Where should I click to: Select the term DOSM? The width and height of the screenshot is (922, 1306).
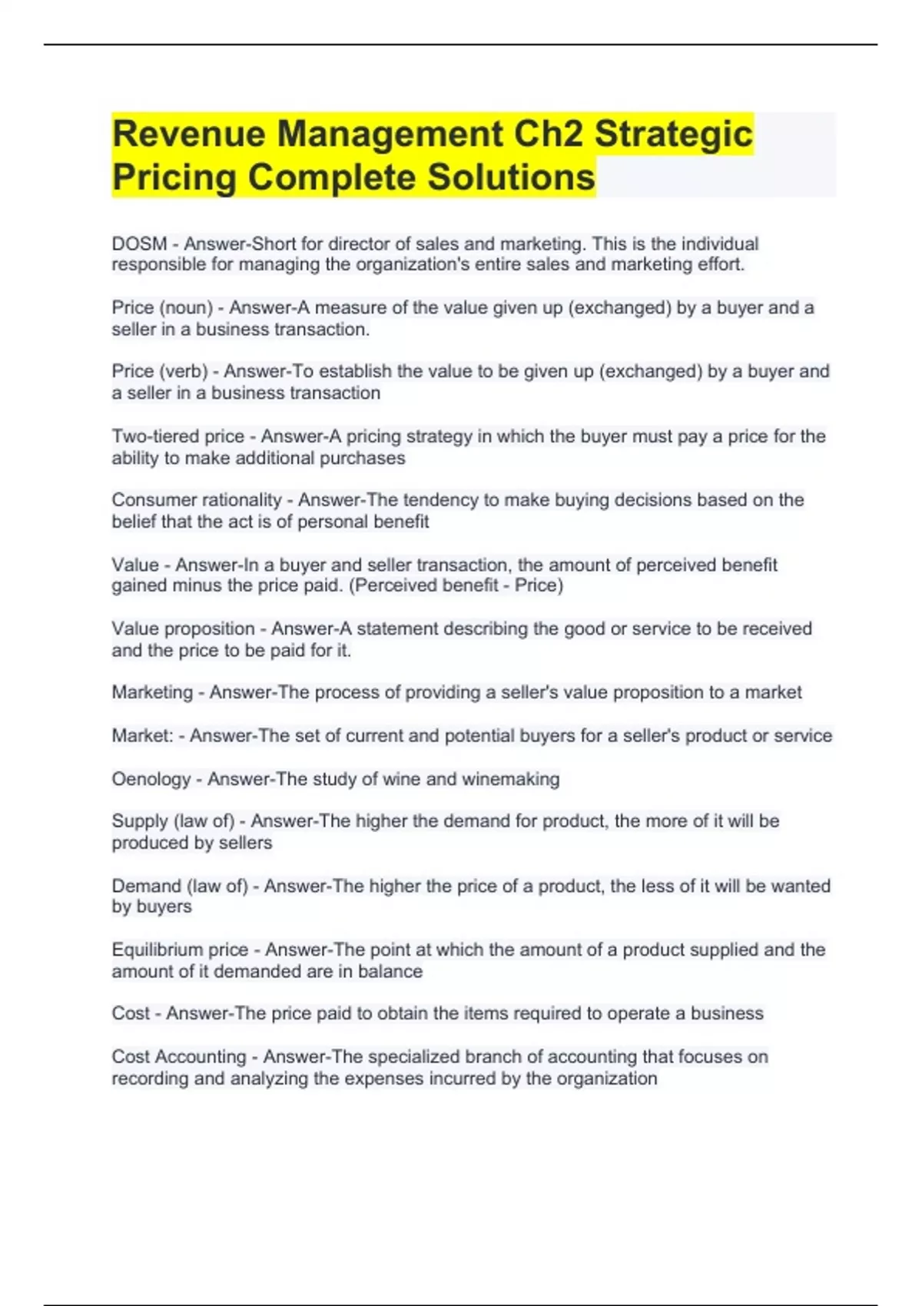[139, 244]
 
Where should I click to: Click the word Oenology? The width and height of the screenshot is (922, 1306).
[151, 780]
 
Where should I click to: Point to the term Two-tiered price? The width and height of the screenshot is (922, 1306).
[177, 436]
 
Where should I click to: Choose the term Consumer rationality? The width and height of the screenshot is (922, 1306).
[197, 500]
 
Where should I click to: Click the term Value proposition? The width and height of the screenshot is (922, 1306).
[183, 629]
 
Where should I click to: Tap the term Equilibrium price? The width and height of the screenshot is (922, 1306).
[180, 950]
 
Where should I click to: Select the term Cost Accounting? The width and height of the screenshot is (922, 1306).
[179, 1057]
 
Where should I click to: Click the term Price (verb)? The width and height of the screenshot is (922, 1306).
[160, 372]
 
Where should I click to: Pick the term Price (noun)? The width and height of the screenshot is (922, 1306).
[162, 308]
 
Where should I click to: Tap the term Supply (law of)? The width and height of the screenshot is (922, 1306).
[173, 821]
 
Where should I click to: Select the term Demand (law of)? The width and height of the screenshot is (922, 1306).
[180, 887]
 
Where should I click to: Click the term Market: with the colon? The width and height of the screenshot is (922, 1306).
[142, 736]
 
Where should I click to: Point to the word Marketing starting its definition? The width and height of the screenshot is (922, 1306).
[152, 693]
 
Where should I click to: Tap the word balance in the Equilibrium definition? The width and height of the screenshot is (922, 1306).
[390, 972]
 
